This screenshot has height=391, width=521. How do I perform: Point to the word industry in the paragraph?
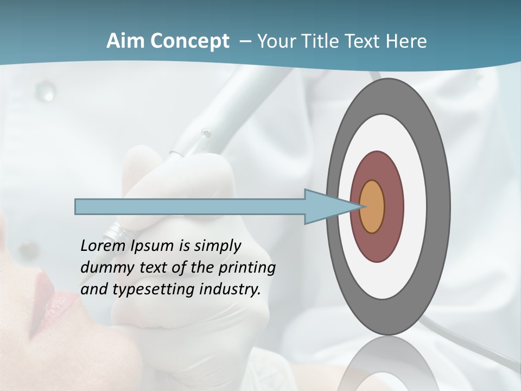230,289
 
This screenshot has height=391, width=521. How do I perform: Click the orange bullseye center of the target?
372,206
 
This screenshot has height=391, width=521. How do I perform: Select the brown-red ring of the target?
393,206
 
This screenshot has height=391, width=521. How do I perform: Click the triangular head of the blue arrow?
326,206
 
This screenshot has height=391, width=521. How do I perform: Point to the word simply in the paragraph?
217,246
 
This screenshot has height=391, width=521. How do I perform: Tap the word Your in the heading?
274,41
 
